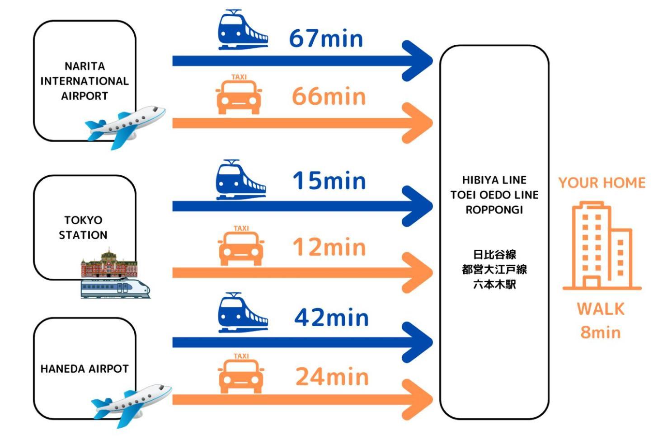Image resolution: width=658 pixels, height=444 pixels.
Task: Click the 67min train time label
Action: [x=326, y=38]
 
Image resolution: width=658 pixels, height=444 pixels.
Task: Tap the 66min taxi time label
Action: [x=329, y=96]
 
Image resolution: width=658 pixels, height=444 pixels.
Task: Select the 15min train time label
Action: [x=329, y=181]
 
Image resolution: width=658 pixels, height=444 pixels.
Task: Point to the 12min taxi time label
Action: [x=329, y=248]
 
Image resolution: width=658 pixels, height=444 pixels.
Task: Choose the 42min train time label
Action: [x=332, y=318]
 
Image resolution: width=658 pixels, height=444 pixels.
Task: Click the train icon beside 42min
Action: [x=243, y=313]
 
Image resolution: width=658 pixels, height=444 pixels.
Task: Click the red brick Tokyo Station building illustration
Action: [x=109, y=263]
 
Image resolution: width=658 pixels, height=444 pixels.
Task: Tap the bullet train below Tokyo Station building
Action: [x=115, y=288]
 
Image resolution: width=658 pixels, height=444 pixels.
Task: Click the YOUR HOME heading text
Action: [x=602, y=183]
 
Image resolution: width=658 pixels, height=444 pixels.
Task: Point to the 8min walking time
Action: [x=601, y=333]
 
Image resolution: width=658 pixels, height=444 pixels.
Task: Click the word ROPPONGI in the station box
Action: [x=494, y=210]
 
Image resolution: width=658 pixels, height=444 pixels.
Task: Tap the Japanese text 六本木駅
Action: [x=494, y=285]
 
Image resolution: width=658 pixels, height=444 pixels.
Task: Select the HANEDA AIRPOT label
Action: [x=85, y=369]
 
